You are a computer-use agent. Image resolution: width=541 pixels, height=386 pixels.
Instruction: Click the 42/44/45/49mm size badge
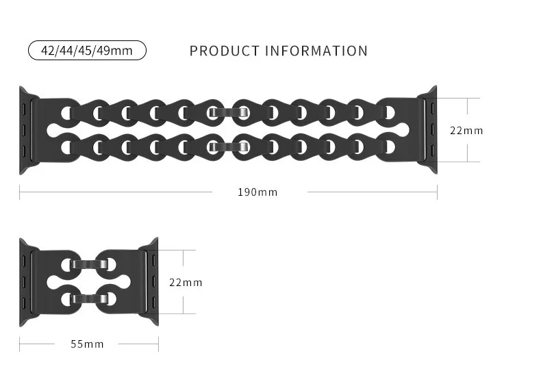pos(87,51)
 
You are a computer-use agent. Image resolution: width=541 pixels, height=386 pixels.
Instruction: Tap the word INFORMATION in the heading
pos(316,51)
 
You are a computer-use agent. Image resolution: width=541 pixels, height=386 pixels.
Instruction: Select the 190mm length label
pos(257,192)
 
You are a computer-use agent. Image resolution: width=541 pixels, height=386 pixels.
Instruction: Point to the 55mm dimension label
pos(87,344)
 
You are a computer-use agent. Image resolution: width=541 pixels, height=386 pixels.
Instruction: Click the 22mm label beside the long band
pos(466,130)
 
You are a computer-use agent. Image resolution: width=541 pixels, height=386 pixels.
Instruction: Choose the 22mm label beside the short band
pos(185,282)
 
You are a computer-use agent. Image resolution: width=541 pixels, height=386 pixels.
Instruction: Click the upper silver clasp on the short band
pos(88,263)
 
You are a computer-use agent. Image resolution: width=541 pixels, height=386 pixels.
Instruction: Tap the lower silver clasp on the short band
pos(88,298)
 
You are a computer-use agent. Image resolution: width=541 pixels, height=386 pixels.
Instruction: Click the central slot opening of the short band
pos(88,281)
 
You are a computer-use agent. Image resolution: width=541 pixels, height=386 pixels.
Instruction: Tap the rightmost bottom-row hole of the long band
pos(389,146)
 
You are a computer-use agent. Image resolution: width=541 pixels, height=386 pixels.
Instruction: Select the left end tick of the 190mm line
pos(20,192)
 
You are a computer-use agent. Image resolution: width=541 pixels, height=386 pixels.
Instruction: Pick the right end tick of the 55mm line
pos(158,344)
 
